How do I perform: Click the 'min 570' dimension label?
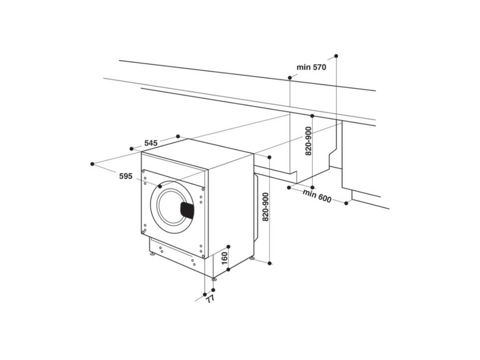coord(311,68)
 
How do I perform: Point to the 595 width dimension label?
coord(125,176)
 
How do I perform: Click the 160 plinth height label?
coord(224,260)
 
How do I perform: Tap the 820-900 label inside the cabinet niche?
coord(308,142)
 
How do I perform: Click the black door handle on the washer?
coord(188,209)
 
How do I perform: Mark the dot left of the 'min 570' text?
coord(290,78)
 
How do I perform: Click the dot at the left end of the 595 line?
coord(92,163)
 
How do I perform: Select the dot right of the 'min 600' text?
coord(347,203)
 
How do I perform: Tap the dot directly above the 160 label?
coord(229,246)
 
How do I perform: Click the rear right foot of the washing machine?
coord(252,259)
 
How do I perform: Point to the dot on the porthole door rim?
coord(160,187)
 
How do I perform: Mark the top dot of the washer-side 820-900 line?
coord(269,157)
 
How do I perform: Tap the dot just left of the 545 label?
coord(132,148)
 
